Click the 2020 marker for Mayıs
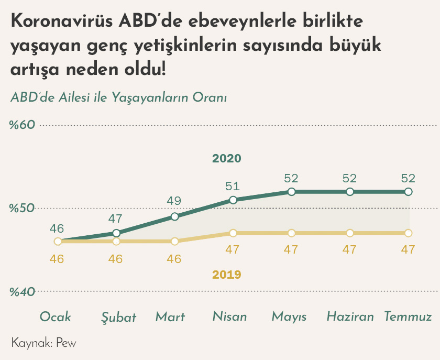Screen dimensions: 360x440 [291, 192]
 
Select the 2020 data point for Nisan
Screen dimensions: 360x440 [233, 200]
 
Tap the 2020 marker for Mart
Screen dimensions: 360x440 [175, 216]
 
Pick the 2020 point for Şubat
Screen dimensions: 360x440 [116, 233]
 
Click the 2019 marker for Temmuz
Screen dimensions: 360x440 [409, 233]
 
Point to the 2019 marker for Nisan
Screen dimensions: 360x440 [233, 233]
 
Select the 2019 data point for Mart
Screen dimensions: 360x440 [175, 241]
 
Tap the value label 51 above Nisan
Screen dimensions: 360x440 [232, 186]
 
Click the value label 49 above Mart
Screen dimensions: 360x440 [174, 202]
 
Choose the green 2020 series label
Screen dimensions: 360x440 [226, 158]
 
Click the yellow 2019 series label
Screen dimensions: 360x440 [226, 274]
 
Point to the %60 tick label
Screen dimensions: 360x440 [22, 125]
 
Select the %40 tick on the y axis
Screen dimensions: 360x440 [22, 291]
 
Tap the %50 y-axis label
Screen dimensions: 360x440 [22, 208]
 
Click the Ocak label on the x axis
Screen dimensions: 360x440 [56, 317]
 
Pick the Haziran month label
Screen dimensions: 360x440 [350, 317]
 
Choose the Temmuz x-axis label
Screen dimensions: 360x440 [408, 317]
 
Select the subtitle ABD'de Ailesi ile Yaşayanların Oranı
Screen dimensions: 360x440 [118, 98]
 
